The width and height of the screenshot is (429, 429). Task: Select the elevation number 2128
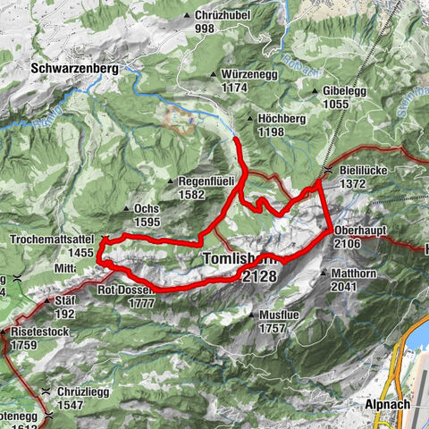pos(257,277)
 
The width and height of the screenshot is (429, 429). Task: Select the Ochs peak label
pos(147,209)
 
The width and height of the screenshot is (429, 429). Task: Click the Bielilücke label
pos(365,170)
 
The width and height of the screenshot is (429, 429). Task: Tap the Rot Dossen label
pos(127,290)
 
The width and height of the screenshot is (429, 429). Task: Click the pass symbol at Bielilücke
pos(329,170)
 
